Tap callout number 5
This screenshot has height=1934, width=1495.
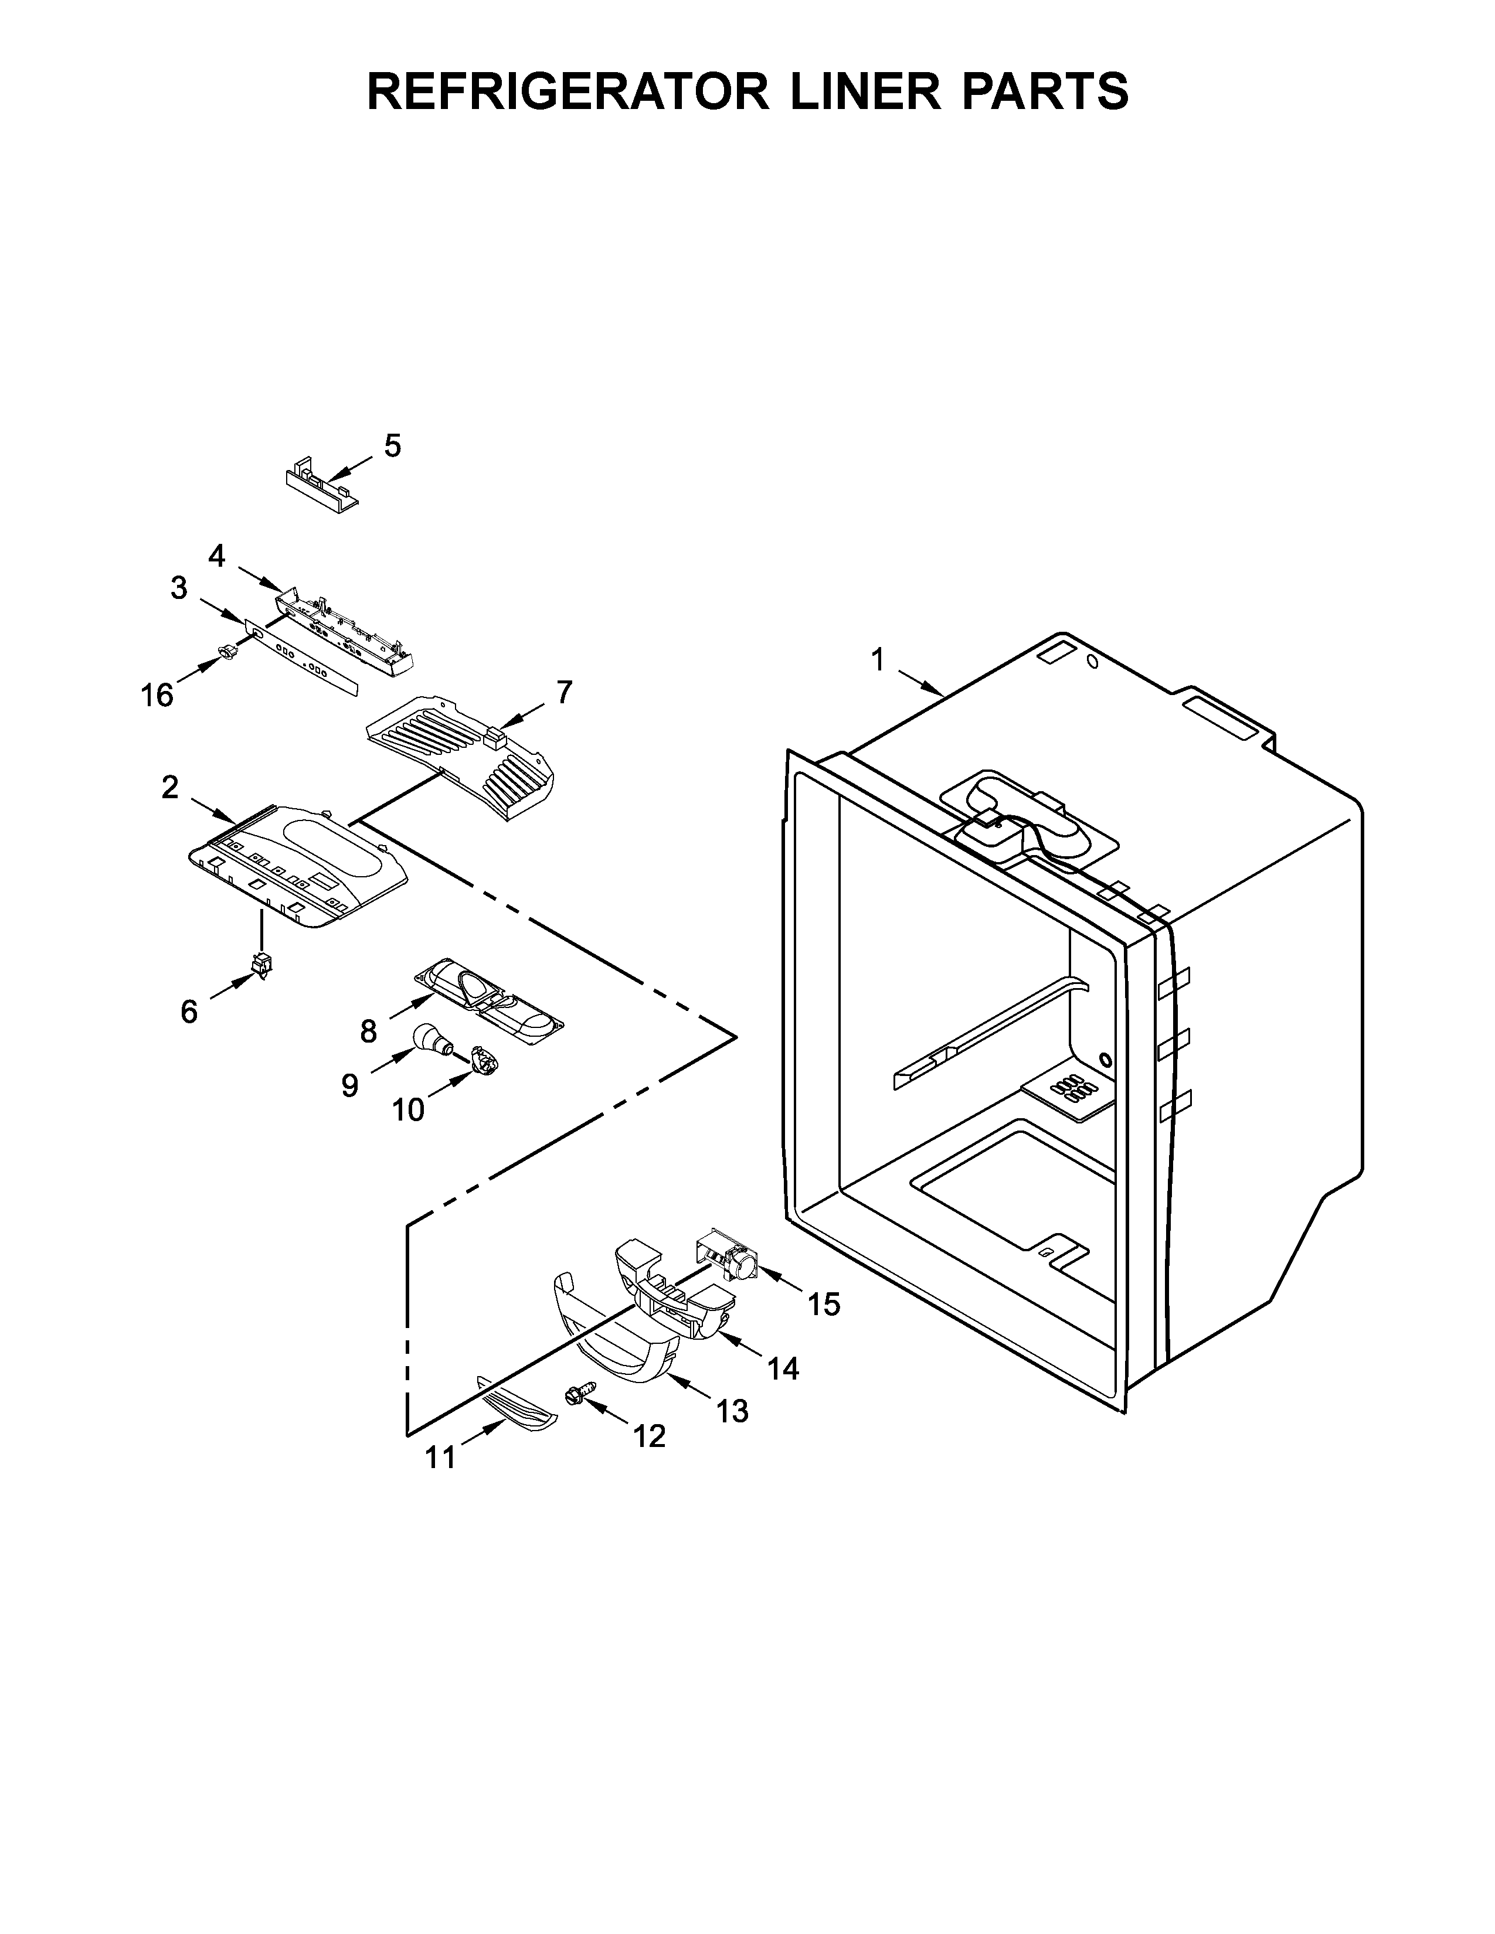pyautogui.click(x=392, y=445)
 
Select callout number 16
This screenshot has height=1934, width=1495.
pyautogui.click(x=157, y=696)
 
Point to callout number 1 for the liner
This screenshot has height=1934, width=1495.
pyautogui.click(x=878, y=660)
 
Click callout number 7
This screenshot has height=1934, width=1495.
pyautogui.click(x=564, y=692)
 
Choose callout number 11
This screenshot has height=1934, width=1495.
pyautogui.click(x=440, y=1457)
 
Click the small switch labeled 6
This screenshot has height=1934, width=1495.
pyautogui.click(x=262, y=964)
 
